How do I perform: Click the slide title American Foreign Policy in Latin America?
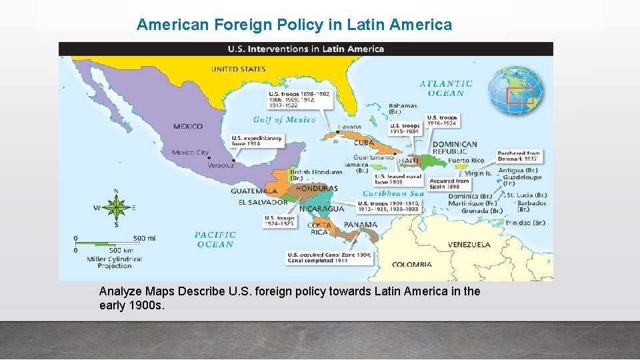pos(294,25)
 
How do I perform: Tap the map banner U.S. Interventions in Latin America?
pos(306,49)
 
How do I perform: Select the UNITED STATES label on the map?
pos(239,69)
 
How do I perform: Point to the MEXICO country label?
pos(188,127)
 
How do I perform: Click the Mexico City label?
pos(190,153)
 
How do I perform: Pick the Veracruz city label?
pos(221,165)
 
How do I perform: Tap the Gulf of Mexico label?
pos(284,120)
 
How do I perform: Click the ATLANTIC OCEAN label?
pos(446,89)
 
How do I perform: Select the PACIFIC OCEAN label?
pos(215,239)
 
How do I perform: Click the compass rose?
pos(117,207)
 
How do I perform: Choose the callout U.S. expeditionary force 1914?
pos(257,141)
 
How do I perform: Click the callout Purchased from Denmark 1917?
pos(519,156)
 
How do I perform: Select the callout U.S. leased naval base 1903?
pos(398,179)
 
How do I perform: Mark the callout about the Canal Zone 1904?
pos(330,257)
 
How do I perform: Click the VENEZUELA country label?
pos(469,245)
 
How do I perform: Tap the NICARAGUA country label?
pos(322,209)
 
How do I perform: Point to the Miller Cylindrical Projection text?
pos(115,262)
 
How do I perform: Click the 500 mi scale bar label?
pos(144,238)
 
